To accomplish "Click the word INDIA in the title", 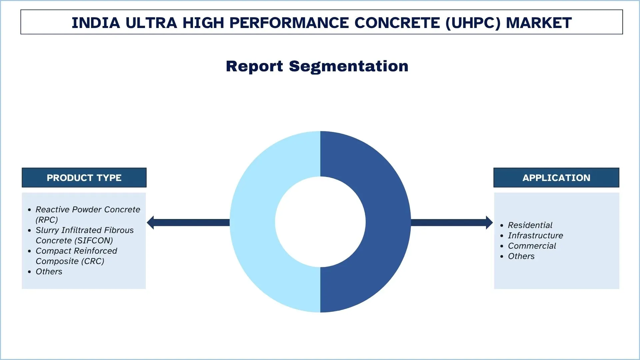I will coord(96,23).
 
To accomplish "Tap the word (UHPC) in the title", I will coord(473,23).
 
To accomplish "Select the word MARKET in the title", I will coord(539,23).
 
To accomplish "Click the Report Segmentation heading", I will coord(317,66).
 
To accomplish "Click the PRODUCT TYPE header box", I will coord(84,178).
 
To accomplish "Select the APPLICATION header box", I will coord(556,178).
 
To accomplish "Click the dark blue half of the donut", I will coord(388,222).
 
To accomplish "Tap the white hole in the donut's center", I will coord(320,222).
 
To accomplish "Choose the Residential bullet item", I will coord(530,225).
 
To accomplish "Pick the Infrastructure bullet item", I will coord(535,236).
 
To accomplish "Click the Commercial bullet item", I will coord(532,246).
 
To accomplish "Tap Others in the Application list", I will coord(521,256).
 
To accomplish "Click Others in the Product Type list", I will coord(49,272).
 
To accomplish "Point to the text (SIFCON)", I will coord(95,241).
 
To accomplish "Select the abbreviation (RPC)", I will coord(47,220).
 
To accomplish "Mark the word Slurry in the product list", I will coord(47,230).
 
